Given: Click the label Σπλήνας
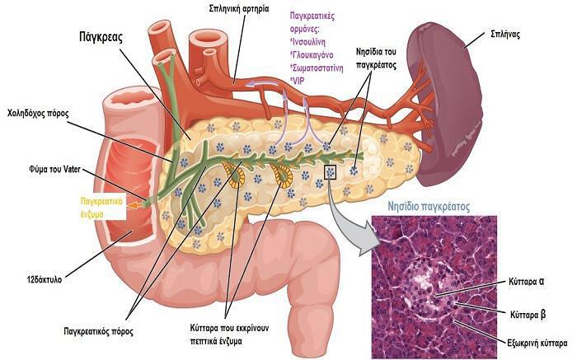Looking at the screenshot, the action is [505, 35].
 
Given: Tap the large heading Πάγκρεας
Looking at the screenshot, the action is [101, 38].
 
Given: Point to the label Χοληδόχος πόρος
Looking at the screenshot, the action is [38, 113].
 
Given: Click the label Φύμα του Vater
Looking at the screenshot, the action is [54, 170].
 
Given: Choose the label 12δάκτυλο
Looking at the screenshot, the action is [45, 279].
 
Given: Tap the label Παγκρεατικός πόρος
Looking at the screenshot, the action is [98, 331].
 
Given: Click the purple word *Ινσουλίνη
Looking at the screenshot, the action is [308, 42].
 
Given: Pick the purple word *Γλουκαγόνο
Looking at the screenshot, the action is [312, 55].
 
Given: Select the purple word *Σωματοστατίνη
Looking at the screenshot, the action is [317, 68].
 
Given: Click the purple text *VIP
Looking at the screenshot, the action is [298, 81].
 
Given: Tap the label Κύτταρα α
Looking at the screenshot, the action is [526, 282].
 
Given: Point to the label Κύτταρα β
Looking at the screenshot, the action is [528, 316].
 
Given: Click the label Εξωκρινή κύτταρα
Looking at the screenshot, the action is [537, 344].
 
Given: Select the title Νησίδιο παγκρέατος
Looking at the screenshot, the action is [429, 207].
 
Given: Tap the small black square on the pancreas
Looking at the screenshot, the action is [331, 172].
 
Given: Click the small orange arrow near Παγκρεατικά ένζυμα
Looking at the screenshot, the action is [135, 206].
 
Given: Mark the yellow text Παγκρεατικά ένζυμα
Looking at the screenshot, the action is [101, 208].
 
